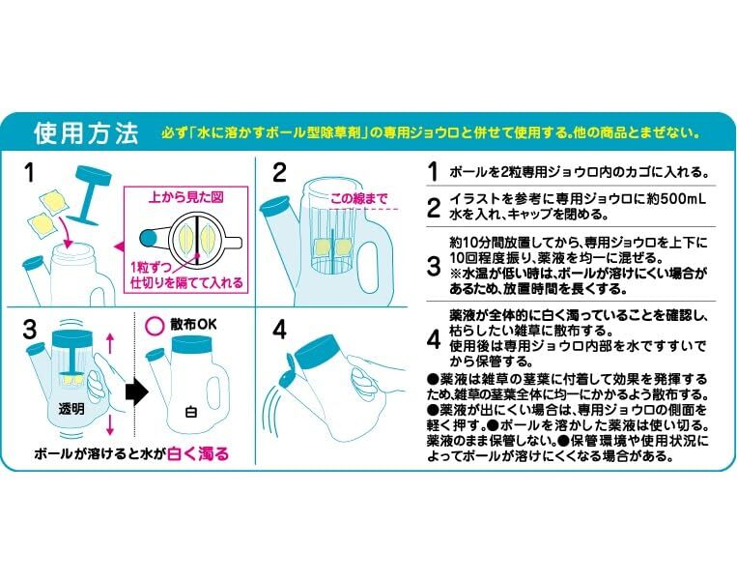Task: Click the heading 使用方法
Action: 87,132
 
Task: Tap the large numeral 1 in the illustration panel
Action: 29,173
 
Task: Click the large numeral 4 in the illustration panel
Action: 279,330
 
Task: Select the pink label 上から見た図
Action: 185,197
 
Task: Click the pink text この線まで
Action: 359,198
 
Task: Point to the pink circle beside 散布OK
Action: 154,326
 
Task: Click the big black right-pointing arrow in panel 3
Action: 137,391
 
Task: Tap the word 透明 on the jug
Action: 71,409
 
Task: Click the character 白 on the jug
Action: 191,412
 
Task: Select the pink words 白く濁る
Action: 198,453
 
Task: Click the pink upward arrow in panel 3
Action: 110,343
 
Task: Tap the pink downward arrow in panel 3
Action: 110,424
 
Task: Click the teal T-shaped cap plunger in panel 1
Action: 89,193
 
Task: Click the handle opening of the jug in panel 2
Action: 369,267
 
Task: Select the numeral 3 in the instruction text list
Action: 434,266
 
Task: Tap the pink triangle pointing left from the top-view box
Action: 119,246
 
